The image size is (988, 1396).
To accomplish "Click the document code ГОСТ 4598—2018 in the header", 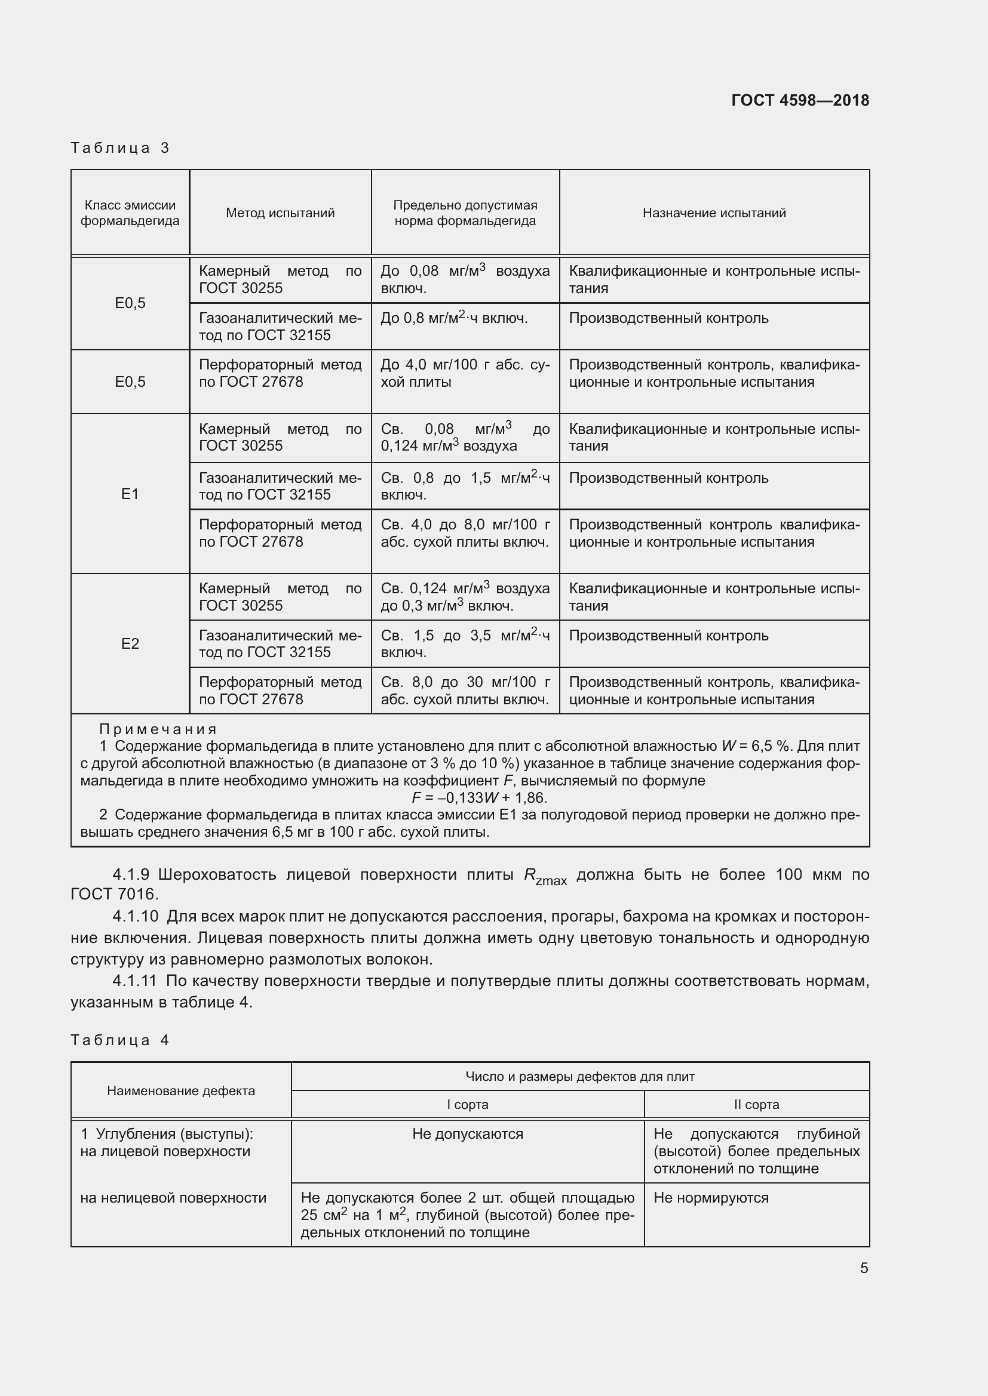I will (x=799, y=100).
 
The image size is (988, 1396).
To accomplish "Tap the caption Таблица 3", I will (x=120, y=148).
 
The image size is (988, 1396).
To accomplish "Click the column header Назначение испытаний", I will (x=714, y=213).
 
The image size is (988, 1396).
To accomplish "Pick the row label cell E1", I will (x=130, y=494).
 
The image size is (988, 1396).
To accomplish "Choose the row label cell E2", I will (x=130, y=643).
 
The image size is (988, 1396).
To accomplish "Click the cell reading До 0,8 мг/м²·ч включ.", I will (x=454, y=318).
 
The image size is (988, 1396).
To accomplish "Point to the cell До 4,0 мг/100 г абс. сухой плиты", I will (x=465, y=373).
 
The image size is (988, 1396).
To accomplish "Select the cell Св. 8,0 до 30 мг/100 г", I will (x=465, y=691).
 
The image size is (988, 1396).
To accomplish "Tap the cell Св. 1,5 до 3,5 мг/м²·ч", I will (x=465, y=644).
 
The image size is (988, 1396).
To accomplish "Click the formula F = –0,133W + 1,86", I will (x=479, y=798).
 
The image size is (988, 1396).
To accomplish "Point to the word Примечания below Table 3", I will (x=158, y=729).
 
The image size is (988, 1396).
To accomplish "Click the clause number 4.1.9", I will (x=131, y=875).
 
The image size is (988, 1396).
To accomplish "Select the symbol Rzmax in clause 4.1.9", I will (x=545, y=876).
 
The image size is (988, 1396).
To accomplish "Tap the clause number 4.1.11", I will (x=134, y=981).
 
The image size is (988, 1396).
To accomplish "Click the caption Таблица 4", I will (x=120, y=1040).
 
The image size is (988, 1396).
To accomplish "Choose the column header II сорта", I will (x=756, y=1105).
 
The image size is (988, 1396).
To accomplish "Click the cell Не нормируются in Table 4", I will (x=711, y=1198).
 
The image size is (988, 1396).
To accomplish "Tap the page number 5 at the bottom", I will (x=864, y=1268).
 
